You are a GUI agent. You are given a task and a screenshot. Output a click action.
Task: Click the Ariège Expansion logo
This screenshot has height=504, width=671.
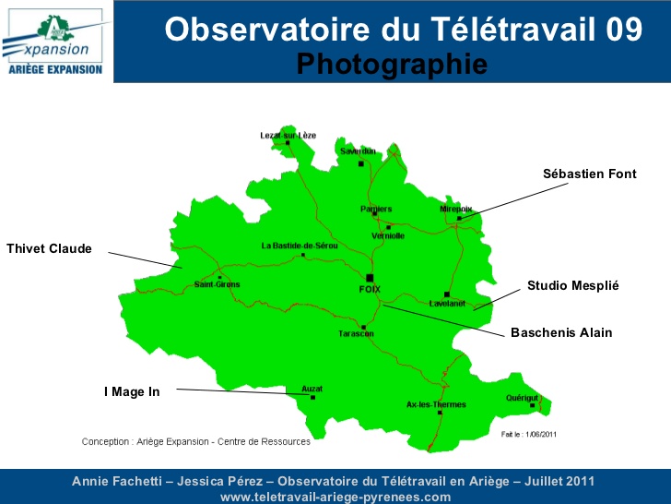(x=55, y=42)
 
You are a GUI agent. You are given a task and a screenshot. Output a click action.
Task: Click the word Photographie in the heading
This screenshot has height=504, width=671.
(x=392, y=64)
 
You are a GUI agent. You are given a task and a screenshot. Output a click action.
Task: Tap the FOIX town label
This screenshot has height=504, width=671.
(x=369, y=289)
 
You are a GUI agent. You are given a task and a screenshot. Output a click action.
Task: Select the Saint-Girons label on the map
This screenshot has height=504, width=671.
(x=217, y=284)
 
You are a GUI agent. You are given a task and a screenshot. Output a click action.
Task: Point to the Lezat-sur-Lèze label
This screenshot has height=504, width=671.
(x=288, y=135)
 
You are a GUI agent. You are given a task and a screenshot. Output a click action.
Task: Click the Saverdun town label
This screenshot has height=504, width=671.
(x=358, y=150)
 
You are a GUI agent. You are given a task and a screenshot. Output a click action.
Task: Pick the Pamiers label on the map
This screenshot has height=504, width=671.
(x=376, y=209)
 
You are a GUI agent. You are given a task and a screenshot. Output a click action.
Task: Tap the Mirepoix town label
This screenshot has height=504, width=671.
(x=456, y=210)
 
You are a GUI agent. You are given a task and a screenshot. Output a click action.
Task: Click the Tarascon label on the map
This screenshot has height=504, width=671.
(x=356, y=333)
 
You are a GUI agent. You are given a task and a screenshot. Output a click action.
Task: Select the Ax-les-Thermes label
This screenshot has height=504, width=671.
(x=436, y=404)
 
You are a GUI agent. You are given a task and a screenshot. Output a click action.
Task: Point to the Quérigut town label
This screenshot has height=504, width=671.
(x=522, y=398)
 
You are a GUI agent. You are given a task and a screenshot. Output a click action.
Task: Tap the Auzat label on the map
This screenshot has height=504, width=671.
(x=312, y=390)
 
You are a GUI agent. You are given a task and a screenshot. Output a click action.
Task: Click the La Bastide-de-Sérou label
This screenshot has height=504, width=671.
(x=300, y=246)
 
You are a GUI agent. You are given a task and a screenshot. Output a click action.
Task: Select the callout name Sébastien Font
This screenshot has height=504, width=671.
(x=589, y=174)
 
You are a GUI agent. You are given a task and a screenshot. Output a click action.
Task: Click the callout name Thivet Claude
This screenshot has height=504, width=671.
(x=49, y=248)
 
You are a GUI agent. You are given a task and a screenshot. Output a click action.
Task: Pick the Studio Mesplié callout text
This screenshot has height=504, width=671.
(x=572, y=286)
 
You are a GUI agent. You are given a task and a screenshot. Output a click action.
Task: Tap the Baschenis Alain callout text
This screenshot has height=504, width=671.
(x=561, y=332)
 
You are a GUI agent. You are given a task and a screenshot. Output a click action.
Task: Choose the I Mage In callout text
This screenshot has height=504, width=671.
(x=132, y=391)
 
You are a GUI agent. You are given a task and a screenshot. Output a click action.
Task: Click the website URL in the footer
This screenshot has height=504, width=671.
(x=335, y=497)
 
